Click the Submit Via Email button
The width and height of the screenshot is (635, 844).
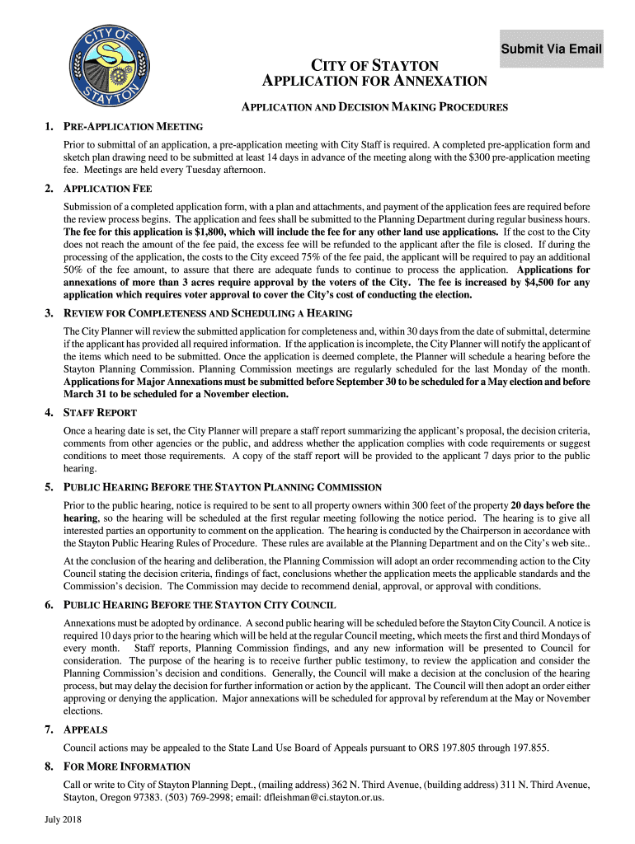coord(552,49)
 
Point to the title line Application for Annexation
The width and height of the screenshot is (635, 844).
coord(374,81)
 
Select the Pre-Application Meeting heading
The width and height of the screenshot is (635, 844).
coord(134,126)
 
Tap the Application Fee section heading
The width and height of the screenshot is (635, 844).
coord(108,189)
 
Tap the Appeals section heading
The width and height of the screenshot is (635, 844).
coord(86,729)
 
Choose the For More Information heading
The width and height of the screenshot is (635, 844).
coord(127,767)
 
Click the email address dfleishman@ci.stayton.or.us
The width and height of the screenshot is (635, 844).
coord(316,797)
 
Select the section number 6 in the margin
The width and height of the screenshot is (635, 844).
coord(49,605)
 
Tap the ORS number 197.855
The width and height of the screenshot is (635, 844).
coord(526,748)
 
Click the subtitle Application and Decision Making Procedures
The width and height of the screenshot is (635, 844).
coord(374,107)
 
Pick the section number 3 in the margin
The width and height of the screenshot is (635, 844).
coord(49,313)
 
